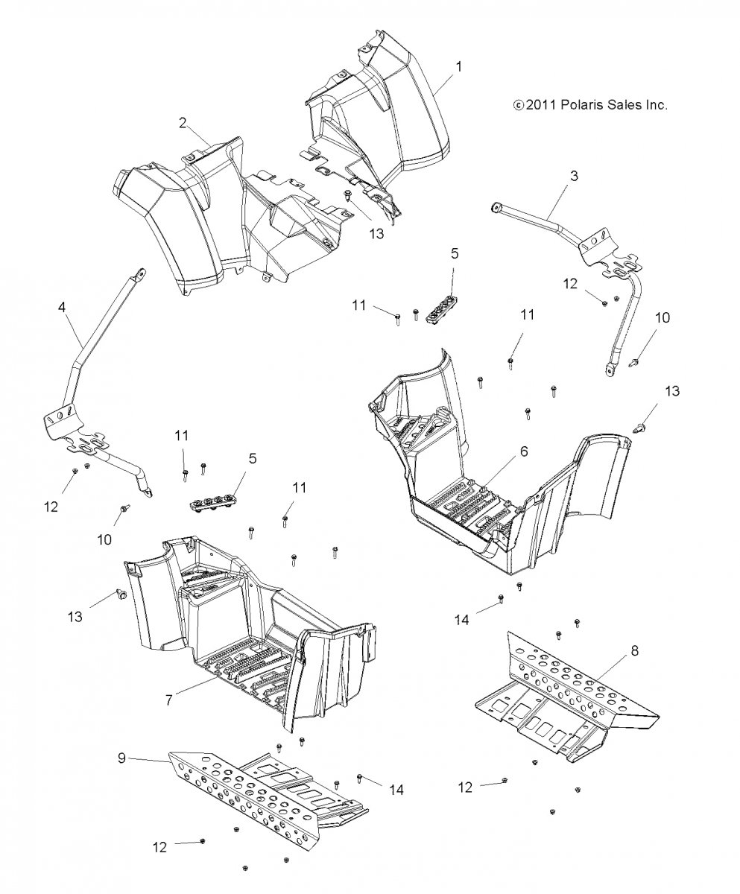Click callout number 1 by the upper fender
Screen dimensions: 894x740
point(459,66)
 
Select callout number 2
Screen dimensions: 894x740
point(183,123)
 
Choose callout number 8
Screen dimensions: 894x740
point(634,650)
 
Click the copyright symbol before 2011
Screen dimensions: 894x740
point(519,106)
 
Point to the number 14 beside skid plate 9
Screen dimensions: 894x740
point(396,789)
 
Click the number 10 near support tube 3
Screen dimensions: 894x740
point(662,317)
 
